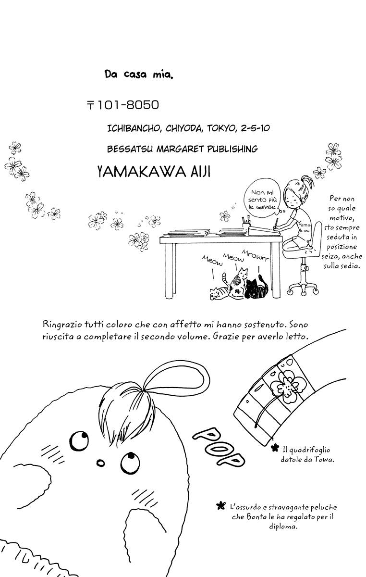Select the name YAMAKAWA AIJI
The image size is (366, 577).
click(154, 172)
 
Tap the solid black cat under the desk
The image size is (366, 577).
click(256, 287)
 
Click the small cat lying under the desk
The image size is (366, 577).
click(219, 292)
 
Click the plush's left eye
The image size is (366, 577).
click(77, 439)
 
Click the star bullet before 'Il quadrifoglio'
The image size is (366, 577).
click(275, 448)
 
